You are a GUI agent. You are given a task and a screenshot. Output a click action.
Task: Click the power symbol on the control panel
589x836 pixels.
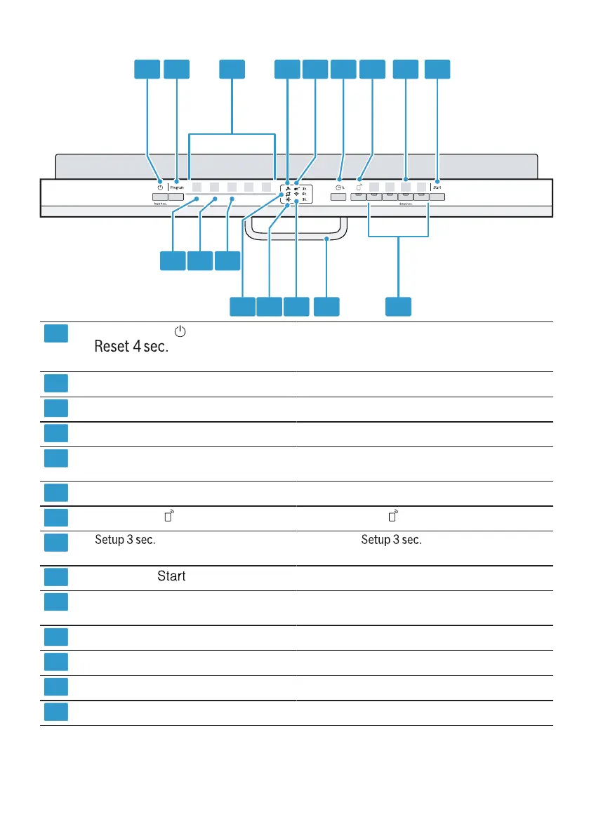[160, 187]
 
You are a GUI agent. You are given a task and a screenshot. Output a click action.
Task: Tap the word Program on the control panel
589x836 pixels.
[177, 188]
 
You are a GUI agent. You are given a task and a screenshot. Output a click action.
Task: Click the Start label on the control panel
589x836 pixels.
[437, 188]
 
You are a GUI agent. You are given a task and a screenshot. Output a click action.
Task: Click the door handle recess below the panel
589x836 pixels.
[296, 228]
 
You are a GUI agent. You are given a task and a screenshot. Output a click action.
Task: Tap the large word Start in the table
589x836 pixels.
[171, 576]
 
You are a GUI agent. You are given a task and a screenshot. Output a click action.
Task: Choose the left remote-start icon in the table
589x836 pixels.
[169, 518]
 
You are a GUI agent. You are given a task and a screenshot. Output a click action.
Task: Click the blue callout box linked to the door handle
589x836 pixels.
[326, 306]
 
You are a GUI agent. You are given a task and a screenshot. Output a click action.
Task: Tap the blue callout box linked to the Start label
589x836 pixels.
[438, 69]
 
